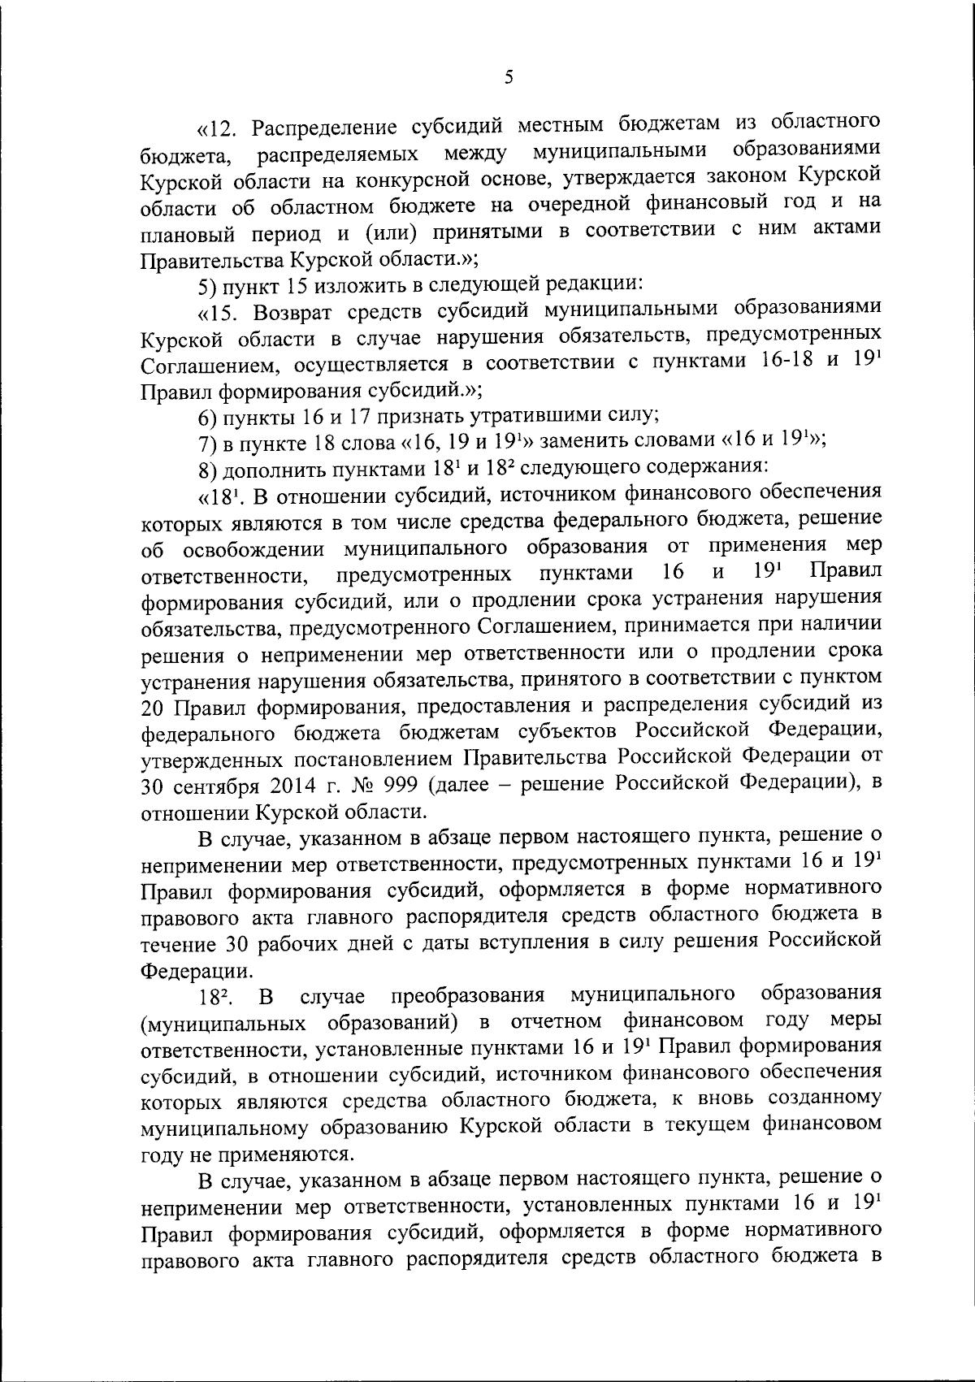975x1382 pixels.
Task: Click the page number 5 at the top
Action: [x=509, y=77]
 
